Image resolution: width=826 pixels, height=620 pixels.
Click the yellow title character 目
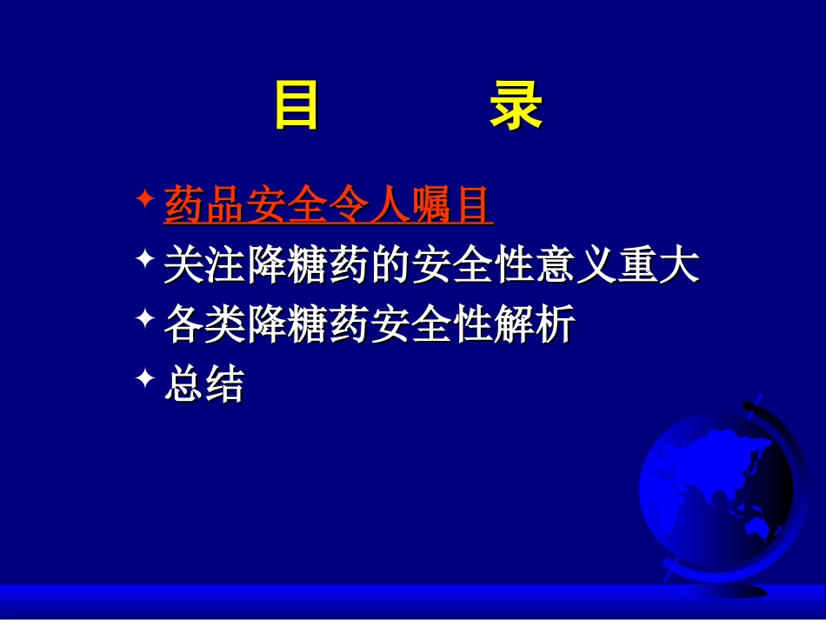[x=296, y=105]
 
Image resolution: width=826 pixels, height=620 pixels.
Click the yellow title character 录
[x=516, y=105]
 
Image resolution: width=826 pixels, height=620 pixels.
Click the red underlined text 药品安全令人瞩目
[x=329, y=207]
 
